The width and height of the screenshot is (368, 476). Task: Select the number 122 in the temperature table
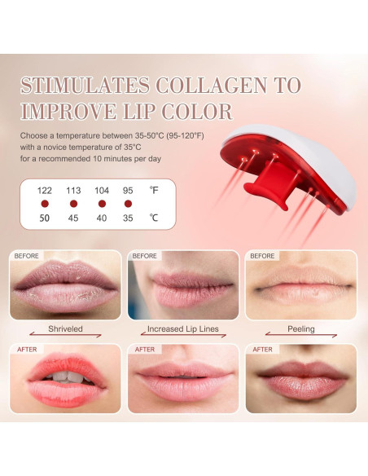[x=45, y=190]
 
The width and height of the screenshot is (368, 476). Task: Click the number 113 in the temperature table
[x=73, y=190]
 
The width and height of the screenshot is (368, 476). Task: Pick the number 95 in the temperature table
[x=128, y=190]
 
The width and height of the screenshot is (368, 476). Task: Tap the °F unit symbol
[x=154, y=190]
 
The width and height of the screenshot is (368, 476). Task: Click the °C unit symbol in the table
[x=154, y=218]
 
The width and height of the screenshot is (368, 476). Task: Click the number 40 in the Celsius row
[x=101, y=218]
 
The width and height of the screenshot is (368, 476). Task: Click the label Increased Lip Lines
[x=183, y=330]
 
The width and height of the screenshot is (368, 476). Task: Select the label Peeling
[x=301, y=330]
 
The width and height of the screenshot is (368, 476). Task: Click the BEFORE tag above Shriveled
[x=28, y=256]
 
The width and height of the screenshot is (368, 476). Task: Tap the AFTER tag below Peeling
[x=262, y=350]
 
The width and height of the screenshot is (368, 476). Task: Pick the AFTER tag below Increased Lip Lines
[x=145, y=350]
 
